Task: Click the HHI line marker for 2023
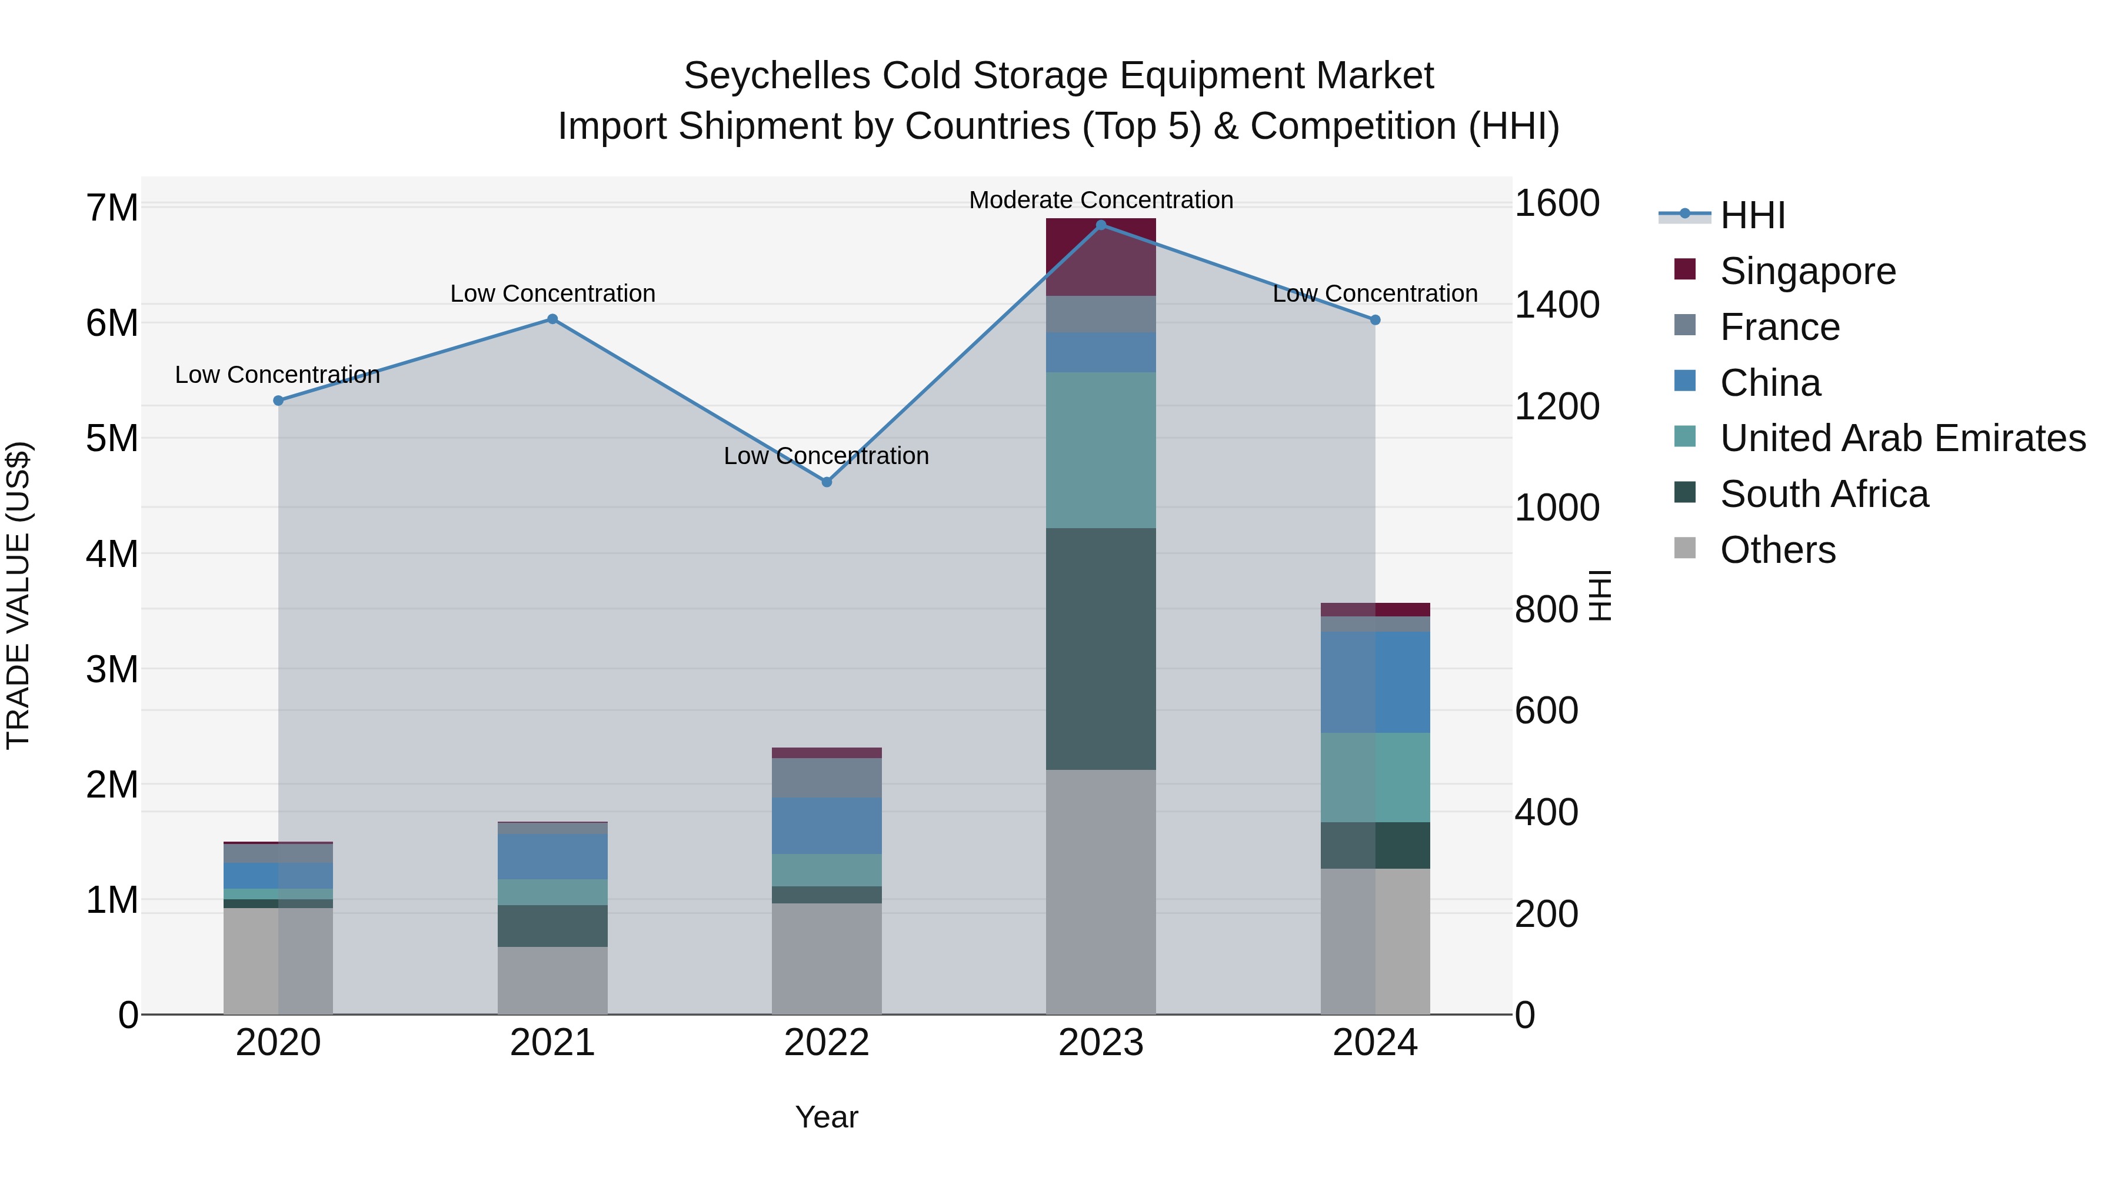click(x=1101, y=225)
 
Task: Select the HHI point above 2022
click(x=827, y=482)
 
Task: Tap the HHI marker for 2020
click(x=279, y=401)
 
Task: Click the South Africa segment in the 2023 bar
click(x=1101, y=649)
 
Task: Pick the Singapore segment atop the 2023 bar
click(x=1101, y=257)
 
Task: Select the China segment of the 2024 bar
click(x=1376, y=682)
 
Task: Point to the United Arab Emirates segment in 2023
click(x=1101, y=451)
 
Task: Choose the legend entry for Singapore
click(x=1807, y=271)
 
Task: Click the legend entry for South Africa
click(x=1824, y=494)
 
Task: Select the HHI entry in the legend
click(x=1752, y=215)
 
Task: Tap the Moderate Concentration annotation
click(x=1101, y=201)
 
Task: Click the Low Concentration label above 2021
click(x=552, y=293)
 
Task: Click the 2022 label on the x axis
click(x=827, y=1043)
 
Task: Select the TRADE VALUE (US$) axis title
click(x=18, y=595)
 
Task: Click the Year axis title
click(x=827, y=1117)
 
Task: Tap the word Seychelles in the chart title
click(x=776, y=76)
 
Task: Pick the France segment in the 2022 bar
click(x=827, y=778)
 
